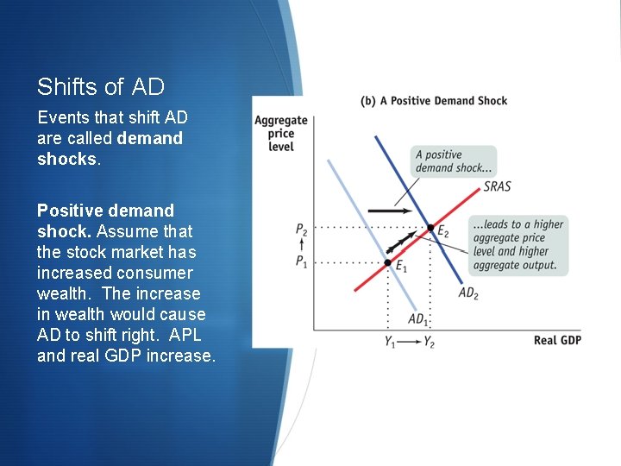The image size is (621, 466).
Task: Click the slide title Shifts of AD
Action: pos(101,87)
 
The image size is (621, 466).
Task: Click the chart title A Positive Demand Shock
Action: pos(434,101)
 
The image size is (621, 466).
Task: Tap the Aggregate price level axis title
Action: pos(280,134)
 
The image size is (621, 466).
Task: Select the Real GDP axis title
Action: pos(557,340)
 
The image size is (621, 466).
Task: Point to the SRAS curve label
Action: pos(496,186)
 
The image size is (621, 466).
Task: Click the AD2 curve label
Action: pos(467,293)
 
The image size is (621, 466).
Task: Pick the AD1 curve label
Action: pos(418,319)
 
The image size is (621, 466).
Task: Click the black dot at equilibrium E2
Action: pos(431,228)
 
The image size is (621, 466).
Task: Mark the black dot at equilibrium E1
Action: pos(388,261)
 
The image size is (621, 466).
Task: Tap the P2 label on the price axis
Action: pos(301,230)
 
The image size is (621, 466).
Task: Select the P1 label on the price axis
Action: pos(301,262)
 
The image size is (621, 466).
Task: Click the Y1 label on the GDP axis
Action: pos(391,341)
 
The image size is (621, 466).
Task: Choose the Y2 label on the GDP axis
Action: pos(429,341)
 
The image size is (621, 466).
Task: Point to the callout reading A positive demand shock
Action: pos(455,161)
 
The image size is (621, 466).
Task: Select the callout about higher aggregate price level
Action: pos(518,245)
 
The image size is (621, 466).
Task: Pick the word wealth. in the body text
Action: pos(64,293)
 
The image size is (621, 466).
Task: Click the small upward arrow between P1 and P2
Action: pos(301,247)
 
